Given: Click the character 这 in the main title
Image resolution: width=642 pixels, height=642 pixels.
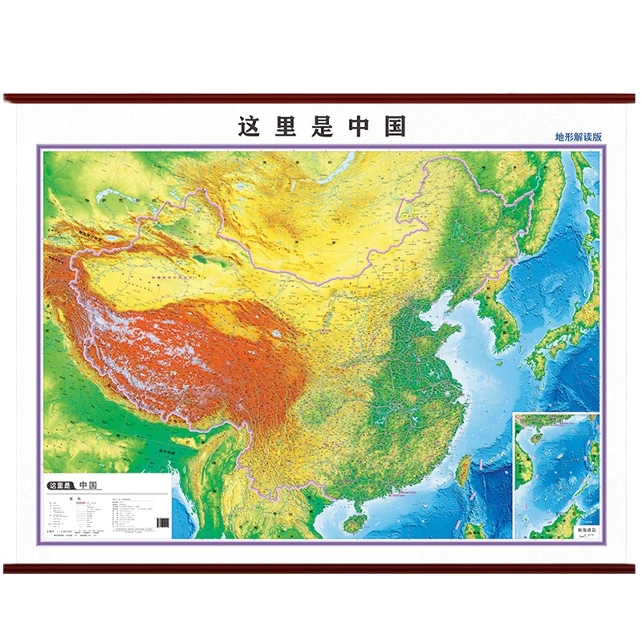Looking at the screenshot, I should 250,127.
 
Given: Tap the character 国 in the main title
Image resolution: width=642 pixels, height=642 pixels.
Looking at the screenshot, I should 394,127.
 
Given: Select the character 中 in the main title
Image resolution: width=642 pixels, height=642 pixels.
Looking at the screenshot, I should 359,127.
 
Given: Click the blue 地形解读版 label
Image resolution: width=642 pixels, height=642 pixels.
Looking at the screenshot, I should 579,136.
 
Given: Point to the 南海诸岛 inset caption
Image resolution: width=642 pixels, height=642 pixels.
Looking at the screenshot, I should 577,530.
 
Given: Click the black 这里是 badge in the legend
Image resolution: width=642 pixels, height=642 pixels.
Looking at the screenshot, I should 61,486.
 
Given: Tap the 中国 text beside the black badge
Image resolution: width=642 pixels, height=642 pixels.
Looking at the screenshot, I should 87,486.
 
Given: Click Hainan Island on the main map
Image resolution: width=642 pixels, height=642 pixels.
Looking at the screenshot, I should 351,523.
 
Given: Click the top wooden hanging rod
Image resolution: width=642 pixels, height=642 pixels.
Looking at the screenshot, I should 321,99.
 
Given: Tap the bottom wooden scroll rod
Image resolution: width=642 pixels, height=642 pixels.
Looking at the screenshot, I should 321,568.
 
